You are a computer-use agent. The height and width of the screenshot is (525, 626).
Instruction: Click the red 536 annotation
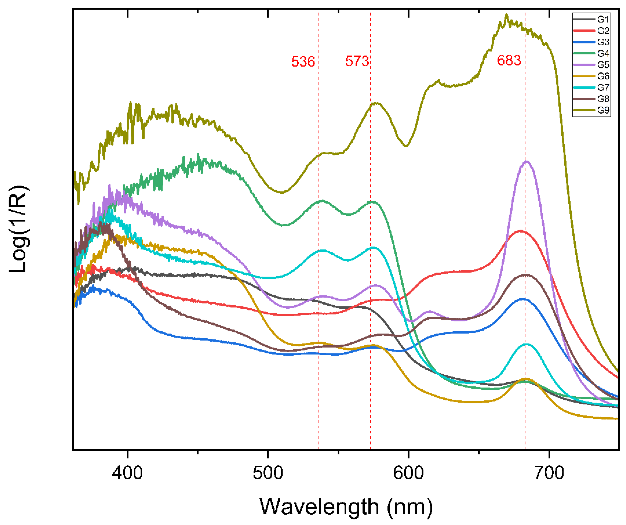[303, 62]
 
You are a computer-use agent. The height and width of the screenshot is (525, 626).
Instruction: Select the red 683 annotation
[509, 61]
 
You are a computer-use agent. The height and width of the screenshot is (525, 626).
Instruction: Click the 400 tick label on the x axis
[127, 473]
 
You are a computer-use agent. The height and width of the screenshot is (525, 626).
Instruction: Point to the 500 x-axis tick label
[268, 473]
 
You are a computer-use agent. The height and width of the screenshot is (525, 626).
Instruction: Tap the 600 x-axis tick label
[408, 473]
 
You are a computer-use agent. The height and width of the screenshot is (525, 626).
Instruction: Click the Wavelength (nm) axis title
[346, 507]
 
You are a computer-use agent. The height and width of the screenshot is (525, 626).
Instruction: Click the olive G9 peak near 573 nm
[377, 103]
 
